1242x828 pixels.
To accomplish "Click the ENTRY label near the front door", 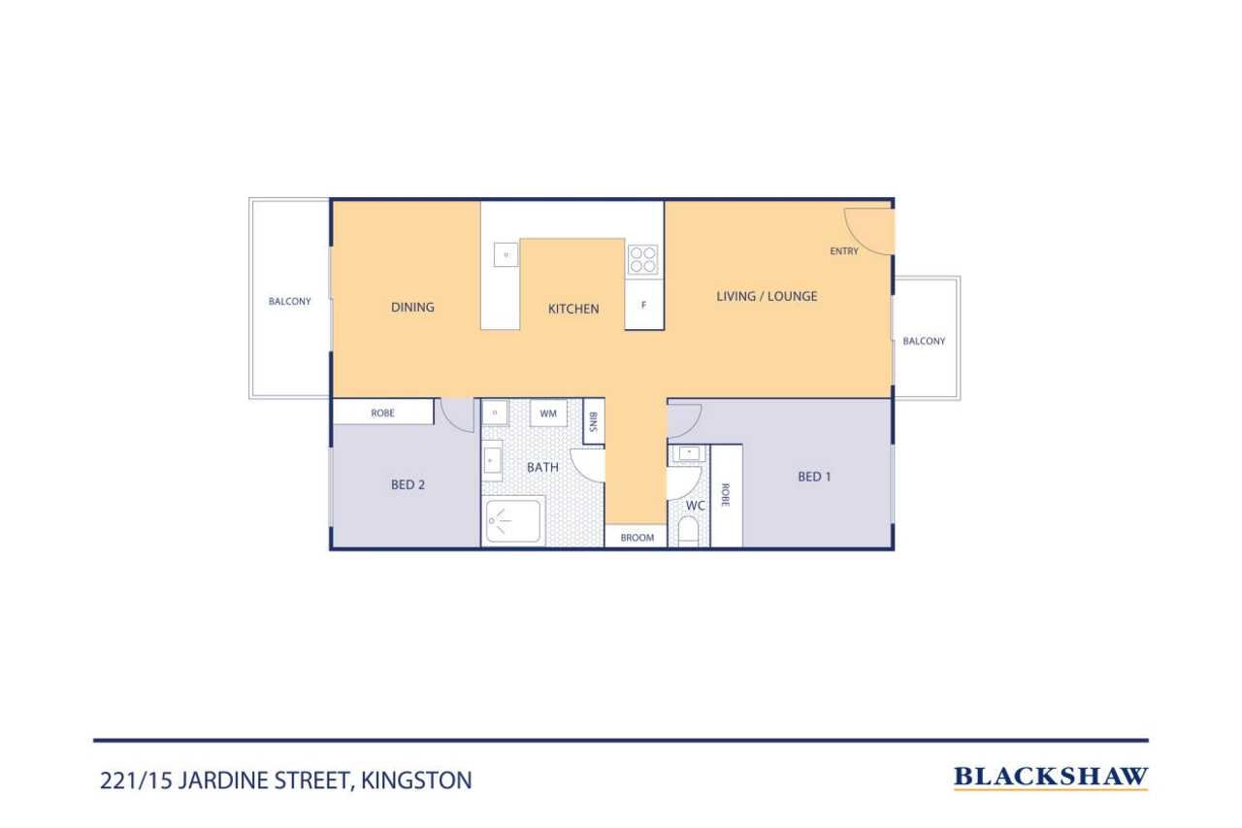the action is pos(844,251).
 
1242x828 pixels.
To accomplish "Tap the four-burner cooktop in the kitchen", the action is pos(643,259).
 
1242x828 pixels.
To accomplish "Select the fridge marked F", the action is pos(644,305).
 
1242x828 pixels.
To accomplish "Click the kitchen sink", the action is pos(506,254).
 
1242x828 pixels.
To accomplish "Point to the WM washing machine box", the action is pos(548,414).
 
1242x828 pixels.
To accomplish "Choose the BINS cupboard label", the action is pos(593,421).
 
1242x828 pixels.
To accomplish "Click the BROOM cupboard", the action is pos(637,537).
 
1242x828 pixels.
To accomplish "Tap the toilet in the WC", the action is pos(689,531).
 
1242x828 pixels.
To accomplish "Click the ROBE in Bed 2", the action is pos(382,413).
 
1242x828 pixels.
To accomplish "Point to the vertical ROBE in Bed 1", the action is pos(727,496).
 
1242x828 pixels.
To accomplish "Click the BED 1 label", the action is pos(814,477).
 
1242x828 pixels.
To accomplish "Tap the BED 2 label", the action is pos(408,484).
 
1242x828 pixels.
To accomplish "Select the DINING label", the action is pos(412,308).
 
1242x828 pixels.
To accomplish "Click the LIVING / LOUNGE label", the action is pos(767,296).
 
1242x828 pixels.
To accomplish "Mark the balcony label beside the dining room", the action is pos(289,301).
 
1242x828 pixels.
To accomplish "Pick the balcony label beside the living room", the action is pos(924,341).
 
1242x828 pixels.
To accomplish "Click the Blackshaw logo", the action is pos(1051,777).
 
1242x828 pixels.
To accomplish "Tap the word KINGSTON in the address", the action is pos(416,780).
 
